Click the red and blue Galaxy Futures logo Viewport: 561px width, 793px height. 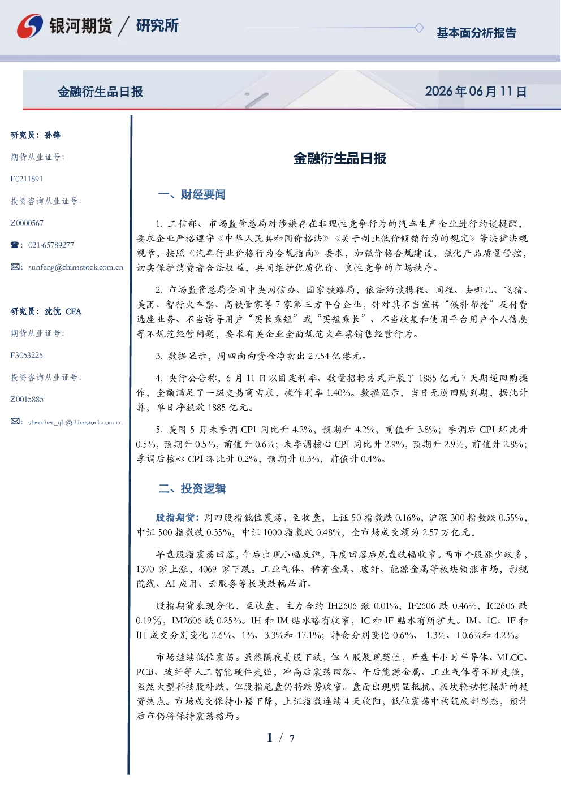30,25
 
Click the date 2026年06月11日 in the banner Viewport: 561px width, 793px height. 476,92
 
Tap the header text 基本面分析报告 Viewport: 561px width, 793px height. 476,33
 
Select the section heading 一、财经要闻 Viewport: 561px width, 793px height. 192,194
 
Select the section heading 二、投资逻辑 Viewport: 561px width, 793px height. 192,488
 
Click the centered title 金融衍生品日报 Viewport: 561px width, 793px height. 340,158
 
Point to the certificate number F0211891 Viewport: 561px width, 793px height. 27,179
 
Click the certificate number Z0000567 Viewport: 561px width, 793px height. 27,223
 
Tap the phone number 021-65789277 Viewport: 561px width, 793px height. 51,245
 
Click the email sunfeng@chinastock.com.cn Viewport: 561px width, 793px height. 76,267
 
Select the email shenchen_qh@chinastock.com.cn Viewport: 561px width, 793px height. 75,422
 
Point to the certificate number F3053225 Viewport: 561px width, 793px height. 27,356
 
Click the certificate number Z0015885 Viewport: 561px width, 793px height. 27,400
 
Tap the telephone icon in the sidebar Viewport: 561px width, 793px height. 15,245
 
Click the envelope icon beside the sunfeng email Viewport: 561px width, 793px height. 15,267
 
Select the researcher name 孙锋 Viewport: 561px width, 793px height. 53,135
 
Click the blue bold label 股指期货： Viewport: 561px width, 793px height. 179,518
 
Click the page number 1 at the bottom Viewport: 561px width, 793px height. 270,738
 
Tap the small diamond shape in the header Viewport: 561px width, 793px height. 419,28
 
